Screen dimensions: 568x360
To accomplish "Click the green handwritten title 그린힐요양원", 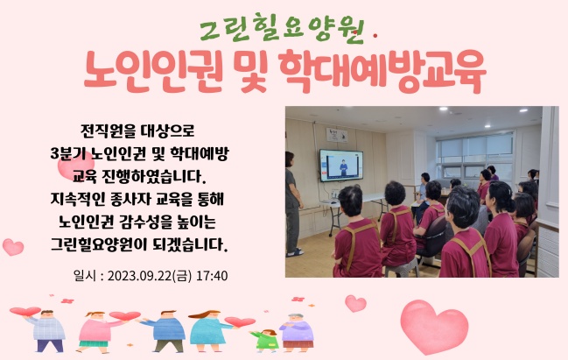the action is click(x=282, y=29).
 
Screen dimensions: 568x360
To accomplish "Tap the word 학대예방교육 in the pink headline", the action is click(x=382, y=71).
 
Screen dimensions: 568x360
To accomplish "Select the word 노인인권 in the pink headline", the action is click(x=154, y=71).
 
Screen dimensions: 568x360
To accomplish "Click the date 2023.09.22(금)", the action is click(x=150, y=276).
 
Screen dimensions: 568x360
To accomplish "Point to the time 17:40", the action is click(x=212, y=276).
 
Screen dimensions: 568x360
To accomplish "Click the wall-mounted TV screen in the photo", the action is click(x=340, y=166).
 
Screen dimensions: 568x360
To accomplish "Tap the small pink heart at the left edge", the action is click(x=13, y=247).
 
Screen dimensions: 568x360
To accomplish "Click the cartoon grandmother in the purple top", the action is click(x=297, y=333).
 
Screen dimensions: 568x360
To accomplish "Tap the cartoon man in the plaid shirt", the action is click(x=47, y=330).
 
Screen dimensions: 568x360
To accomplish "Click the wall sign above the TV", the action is click(x=337, y=135).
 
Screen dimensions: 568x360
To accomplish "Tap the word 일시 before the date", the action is click(x=85, y=276).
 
